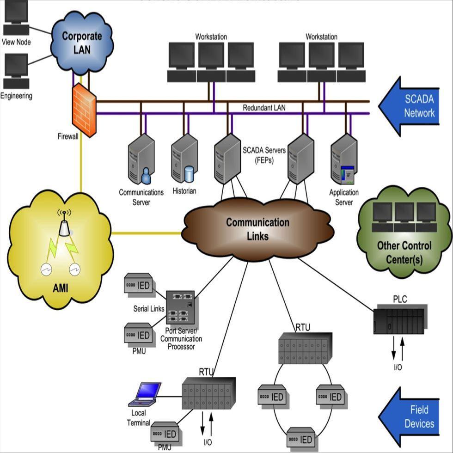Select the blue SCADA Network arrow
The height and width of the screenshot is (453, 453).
[x=409, y=106]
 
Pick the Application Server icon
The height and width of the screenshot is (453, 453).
[x=344, y=160]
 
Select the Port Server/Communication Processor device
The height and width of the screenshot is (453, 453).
[x=180, y=307]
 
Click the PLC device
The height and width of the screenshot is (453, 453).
[x=399, y=319]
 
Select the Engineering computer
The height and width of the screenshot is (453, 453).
[x=16, y=72]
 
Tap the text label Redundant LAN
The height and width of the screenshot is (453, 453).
[x=264, y=108]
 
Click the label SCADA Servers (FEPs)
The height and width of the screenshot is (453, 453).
[x=264, y=155]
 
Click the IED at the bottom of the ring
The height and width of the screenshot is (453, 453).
[x=301, y=437]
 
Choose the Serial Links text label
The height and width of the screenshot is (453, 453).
[x=149, y=308]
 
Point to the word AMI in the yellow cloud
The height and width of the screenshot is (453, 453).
[x=60, y=289]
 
